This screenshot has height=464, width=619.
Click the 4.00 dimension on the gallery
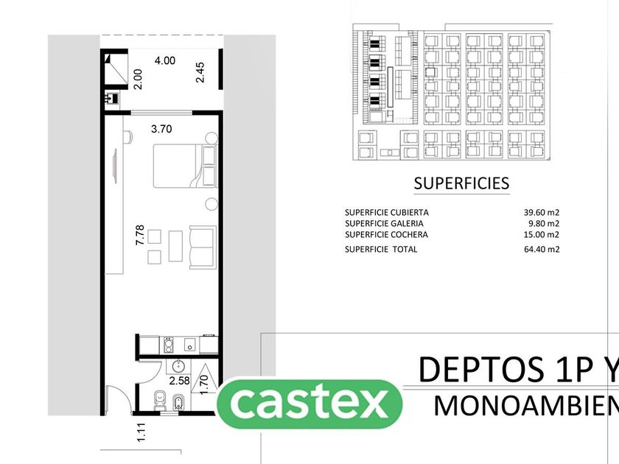coord(164,61)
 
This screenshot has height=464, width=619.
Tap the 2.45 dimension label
coord(200,73)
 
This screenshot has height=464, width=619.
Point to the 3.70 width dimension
coord(161,129)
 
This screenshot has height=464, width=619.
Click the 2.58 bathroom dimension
coord(180,381)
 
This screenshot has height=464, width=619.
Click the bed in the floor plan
coord(177,165)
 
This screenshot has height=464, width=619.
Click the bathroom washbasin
coord(178,366)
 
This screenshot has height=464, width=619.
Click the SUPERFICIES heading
coord(461,183)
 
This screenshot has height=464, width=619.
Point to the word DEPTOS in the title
coord(472,369)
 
